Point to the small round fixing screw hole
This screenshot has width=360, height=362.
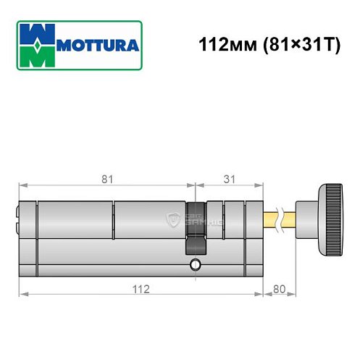(x=194, y=265)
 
